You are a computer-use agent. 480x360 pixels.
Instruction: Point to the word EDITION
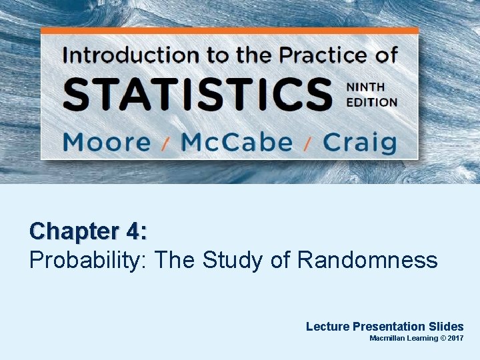[371, 102]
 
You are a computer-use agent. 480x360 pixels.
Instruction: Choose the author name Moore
[107, 142]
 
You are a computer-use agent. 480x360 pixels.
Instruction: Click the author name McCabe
[237, 142]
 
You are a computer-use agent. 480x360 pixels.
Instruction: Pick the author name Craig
[360, 142]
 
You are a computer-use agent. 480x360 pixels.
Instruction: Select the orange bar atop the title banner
[229, 31]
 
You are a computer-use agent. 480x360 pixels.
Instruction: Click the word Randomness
[367, 260]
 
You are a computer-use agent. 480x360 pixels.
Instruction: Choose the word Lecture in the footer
[327, 326]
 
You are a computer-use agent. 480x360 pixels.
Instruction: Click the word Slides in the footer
[446, 326]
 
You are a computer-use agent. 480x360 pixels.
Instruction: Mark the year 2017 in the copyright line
[455, 339]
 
